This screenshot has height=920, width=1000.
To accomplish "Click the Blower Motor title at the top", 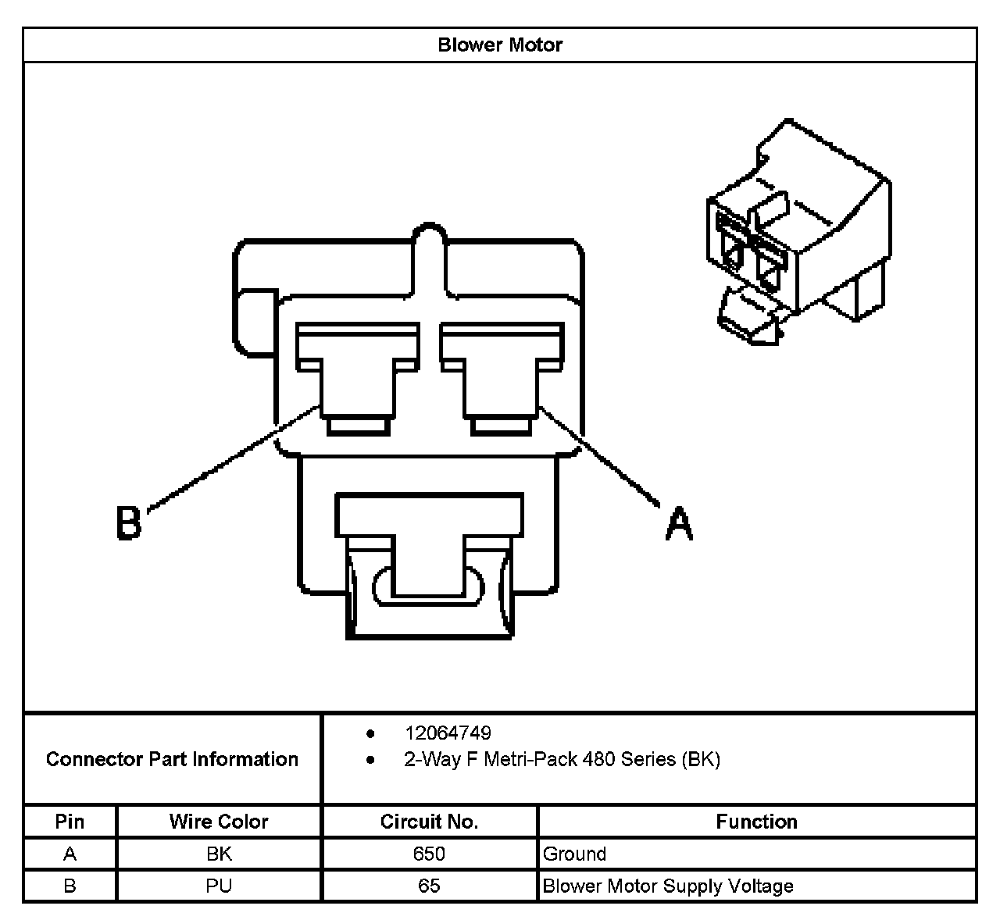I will pos(500,45).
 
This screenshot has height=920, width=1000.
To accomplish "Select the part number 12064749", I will pos(448,733).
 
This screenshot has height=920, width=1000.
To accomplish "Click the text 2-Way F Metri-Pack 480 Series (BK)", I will pos(562,759).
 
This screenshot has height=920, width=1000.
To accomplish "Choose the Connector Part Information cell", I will pos(172,759).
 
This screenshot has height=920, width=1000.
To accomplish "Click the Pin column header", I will pos(70,822).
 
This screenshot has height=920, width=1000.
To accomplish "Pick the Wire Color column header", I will pos(219,822).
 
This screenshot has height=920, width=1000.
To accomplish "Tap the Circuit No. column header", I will pos(429,822).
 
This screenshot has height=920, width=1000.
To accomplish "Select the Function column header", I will pos(756,822).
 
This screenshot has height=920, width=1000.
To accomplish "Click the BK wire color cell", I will pos(219,854).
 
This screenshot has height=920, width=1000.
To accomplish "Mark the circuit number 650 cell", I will pos(429,854).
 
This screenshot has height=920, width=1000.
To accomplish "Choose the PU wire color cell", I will pos(219,886).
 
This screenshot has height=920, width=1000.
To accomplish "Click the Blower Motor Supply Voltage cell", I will pos(668,886).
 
